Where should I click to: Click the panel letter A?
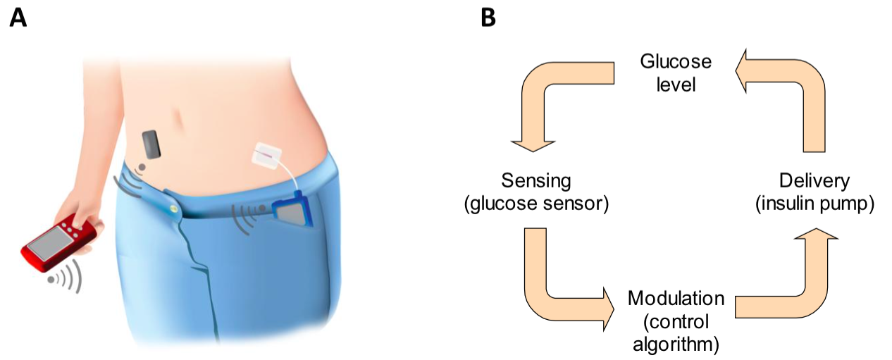18,18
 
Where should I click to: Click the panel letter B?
488,18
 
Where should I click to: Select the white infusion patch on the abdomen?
266,155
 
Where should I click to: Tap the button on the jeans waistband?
173,207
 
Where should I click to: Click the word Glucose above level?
676,62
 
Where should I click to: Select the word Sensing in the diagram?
536,181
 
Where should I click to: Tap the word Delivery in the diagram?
814,181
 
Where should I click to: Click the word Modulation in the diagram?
676,298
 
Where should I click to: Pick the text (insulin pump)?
814,204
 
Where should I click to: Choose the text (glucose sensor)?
536,204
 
